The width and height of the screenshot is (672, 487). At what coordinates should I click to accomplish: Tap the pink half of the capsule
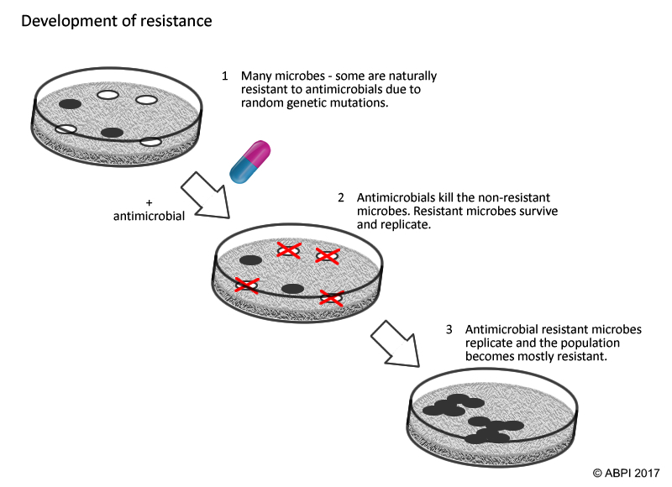(258, 154)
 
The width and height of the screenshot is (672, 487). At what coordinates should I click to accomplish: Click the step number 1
(225, 76)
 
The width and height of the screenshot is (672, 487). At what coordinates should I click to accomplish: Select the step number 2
(341, 197)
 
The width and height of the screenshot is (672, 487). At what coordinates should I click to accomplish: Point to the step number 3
(449, 329)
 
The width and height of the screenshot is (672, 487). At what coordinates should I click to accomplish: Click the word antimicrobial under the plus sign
(149, 217)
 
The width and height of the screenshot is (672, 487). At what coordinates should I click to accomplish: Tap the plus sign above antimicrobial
(149, 202)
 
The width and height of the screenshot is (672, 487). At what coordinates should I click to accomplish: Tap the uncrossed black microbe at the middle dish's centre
(292, 289)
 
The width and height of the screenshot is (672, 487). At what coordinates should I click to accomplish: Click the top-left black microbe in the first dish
(70, 104)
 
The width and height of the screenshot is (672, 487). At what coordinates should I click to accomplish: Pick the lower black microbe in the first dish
(112, 132)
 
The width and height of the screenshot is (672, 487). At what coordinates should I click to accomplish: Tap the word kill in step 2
(440, 197)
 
